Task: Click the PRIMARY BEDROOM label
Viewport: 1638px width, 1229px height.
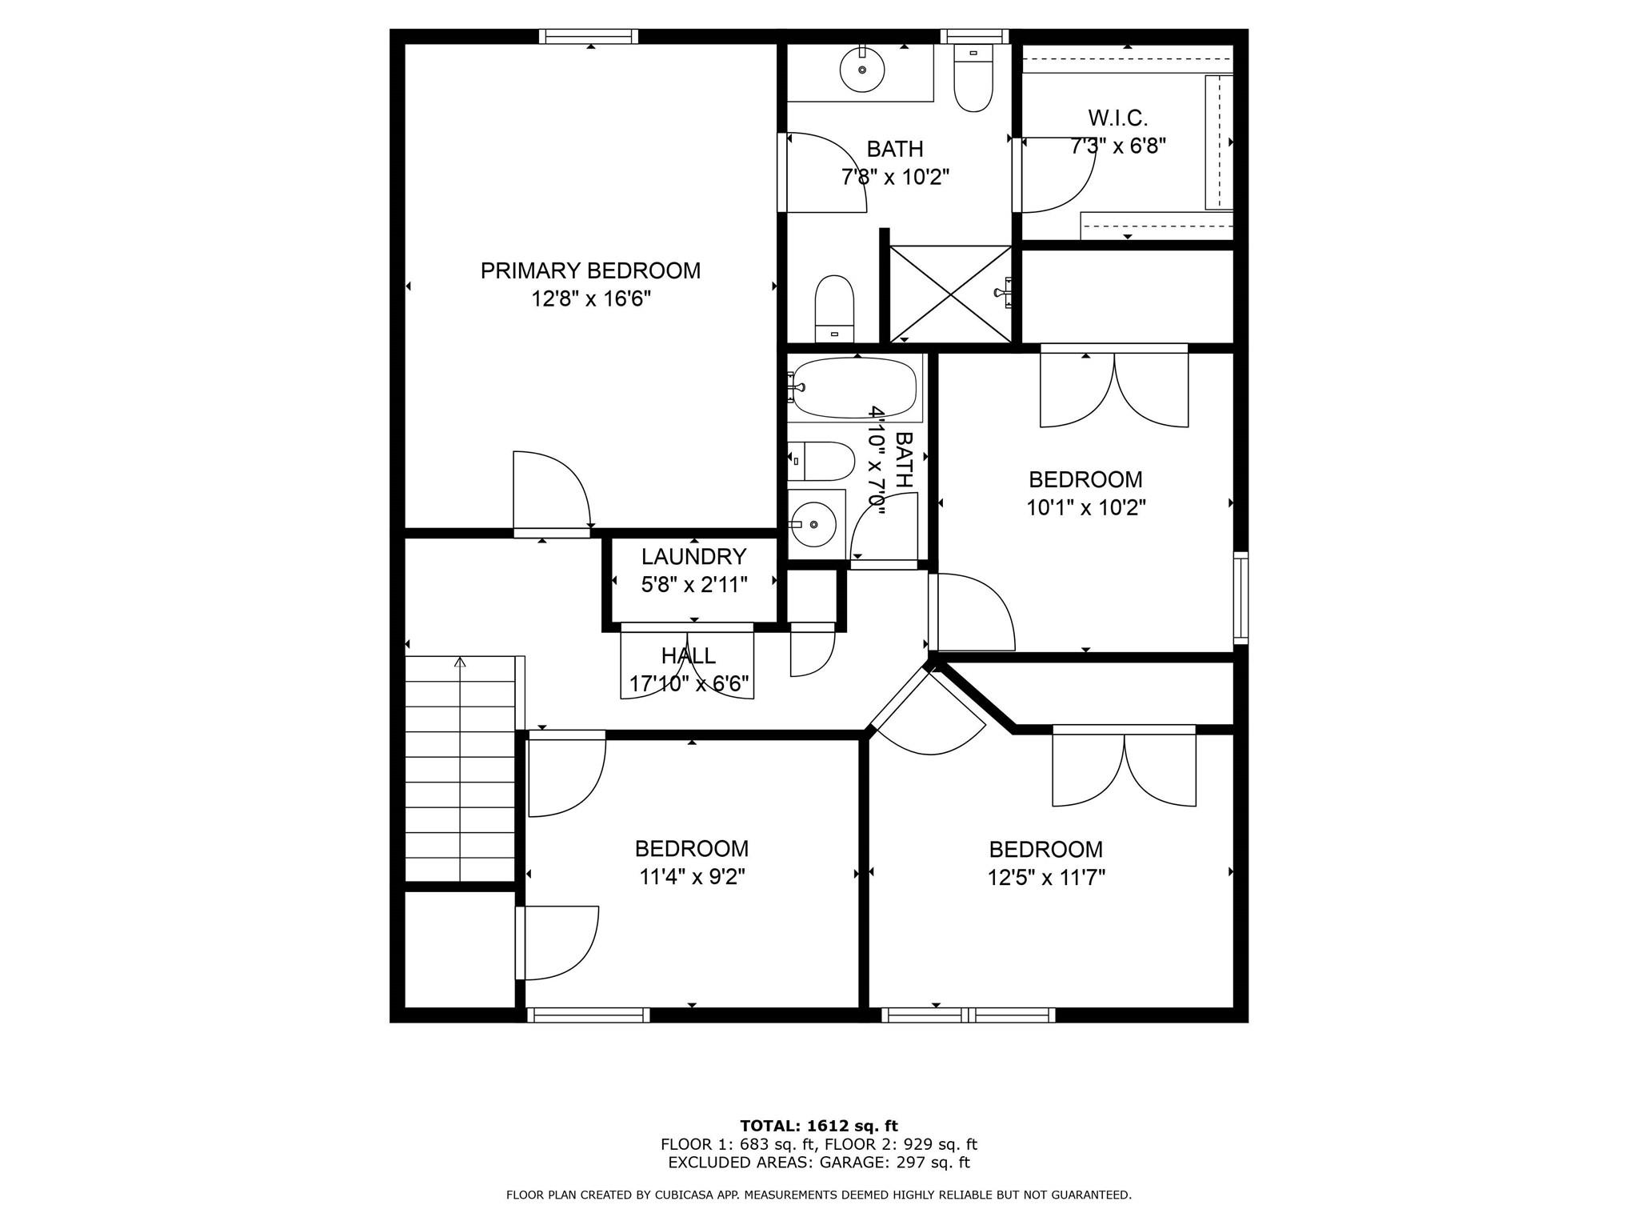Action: [590, 270]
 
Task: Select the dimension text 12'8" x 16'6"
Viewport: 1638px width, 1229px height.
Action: [590, 299]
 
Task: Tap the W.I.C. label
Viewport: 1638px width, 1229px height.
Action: [1117, 118]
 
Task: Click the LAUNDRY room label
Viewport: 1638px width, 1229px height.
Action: [693, 556]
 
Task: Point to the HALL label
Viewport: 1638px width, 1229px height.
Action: [688, 656]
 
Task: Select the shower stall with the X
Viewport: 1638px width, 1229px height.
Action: [950, 294]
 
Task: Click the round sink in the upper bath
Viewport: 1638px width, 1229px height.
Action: [862, 70]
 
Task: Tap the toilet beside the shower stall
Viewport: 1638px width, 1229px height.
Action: [834, 308]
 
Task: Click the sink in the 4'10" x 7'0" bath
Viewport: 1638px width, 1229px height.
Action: [813, 524]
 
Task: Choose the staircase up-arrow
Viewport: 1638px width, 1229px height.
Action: [460, 663]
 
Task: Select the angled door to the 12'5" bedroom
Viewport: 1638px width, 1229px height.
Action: [928, 716]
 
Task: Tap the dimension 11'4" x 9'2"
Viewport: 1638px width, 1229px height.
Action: [692, 877]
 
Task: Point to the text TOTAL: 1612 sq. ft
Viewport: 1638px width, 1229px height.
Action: [818, 1127]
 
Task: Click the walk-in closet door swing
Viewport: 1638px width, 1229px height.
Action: [1056, 176]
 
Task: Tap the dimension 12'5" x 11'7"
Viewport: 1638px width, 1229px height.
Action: [1046, 878]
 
